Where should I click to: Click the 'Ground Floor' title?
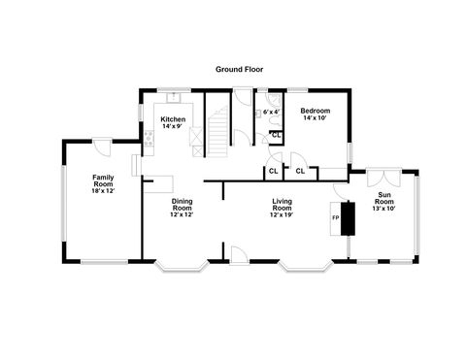[240, 70]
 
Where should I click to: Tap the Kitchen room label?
[173, 118]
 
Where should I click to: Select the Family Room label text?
[104, 180]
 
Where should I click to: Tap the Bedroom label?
[316, 110]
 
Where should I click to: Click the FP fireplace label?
[336, 217]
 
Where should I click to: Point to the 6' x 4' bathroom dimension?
[271, 111]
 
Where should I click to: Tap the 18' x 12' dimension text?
[104, 192]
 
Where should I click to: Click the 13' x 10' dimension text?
[385, 209]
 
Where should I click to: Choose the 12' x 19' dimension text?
[282, 214]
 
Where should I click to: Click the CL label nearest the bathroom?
[278, 134]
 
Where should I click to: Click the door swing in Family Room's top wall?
[102, 147]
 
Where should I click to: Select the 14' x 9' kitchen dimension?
[173, 126]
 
